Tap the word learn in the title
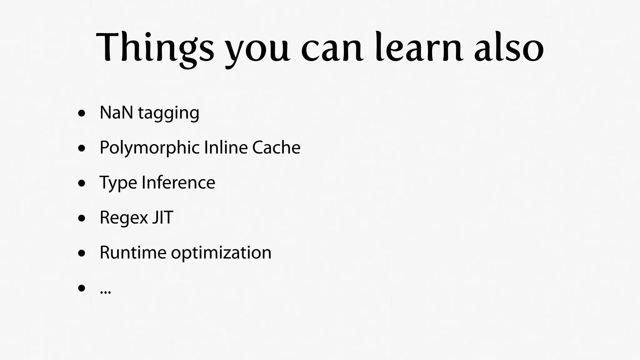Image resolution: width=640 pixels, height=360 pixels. [x=418, y=47]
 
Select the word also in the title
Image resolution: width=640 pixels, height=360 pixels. [x=509, y=47]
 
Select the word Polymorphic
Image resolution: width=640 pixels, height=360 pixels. [x=150, y=148]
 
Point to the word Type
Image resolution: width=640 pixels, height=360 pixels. [x=118, y=183]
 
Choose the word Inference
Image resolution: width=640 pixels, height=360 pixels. [x=178, y=182]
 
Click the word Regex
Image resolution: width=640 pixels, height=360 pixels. [x=124, y=218]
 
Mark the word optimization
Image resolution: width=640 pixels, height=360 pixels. [x=221, y=253]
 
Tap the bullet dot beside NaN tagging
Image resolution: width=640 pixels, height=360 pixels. [x=82, y=113]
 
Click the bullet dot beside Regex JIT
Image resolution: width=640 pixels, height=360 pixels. [x=82, y=218]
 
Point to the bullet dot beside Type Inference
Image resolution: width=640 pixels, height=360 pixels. [x=82, y=183]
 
